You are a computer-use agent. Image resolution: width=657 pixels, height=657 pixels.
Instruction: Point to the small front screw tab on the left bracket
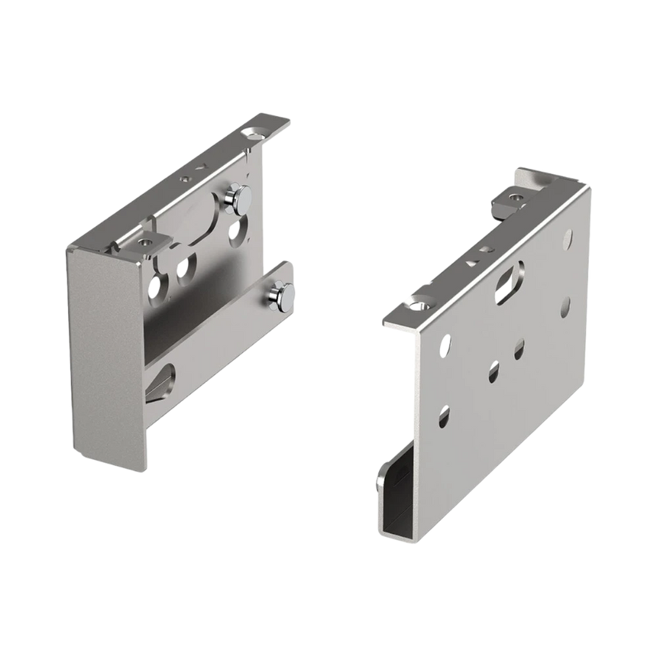click(x=144, y=242)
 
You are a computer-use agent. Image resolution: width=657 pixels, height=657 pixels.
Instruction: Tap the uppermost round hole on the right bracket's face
click(x=567, y=239)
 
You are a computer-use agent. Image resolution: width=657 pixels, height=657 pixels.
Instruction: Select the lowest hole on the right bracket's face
click(x=443, y=416)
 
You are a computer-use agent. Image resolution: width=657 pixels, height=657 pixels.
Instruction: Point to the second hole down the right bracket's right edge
click(x=565, y=307)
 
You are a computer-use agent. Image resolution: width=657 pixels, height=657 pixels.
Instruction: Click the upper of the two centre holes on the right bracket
click(x=519, y=351)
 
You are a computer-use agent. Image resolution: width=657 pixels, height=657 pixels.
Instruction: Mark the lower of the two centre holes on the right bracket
click(x=494, y=372)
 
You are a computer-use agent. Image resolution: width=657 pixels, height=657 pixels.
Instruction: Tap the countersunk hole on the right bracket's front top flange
click(x=417, y=304)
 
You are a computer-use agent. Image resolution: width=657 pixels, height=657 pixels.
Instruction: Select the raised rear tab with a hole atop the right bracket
click(x=517, y=198)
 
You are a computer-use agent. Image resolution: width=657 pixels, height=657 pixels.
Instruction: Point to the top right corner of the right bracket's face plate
click(x=588, y=188)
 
